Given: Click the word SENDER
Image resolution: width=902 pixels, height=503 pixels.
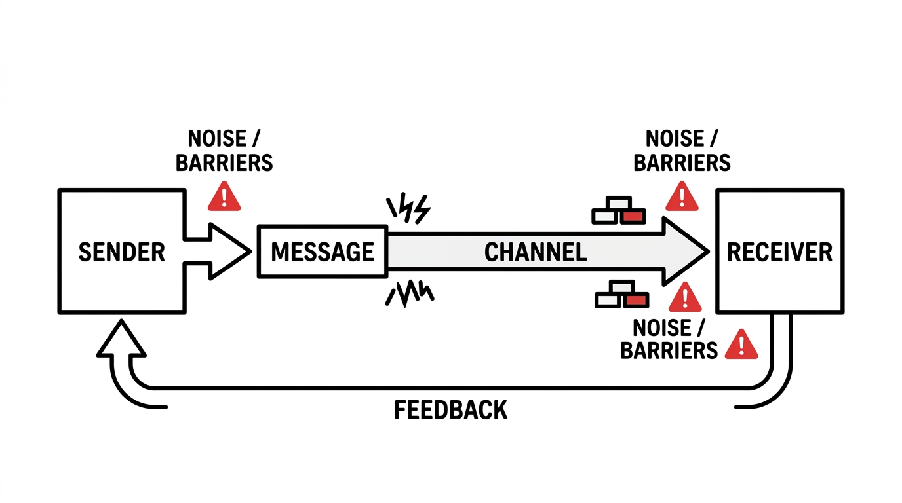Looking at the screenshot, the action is [122, 252].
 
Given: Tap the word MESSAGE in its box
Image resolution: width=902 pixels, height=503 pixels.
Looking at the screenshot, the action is [323, 252].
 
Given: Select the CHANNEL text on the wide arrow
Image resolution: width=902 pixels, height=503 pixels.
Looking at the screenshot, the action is [536, 252].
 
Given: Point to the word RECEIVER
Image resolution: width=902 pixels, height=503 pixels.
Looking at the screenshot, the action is [779, 252].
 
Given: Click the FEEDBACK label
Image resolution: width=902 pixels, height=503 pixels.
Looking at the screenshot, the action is [450, 410].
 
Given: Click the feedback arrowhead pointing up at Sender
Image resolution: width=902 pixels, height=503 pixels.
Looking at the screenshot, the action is [121, 338].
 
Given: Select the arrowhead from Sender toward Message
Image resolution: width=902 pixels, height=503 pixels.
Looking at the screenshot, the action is [229, 251].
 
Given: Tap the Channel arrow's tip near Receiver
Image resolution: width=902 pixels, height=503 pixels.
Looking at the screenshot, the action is [709, 252].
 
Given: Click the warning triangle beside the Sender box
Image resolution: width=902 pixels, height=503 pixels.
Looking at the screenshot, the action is [224, 196].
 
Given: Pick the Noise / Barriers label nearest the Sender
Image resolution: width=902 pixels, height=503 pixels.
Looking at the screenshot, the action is [224, 151].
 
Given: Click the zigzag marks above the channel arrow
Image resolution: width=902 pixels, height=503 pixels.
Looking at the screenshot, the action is [408, 209].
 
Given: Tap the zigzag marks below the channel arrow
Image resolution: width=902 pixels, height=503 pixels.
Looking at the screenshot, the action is [410, 294].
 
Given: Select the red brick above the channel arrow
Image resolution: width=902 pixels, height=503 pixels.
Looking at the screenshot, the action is [633, 217].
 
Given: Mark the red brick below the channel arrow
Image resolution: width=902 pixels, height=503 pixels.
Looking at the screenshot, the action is [636, 301].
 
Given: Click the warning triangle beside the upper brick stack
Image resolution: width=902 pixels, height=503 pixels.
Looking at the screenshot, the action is [682, 196].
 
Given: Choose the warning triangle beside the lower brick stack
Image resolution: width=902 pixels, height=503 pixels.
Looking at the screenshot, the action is [685, 297].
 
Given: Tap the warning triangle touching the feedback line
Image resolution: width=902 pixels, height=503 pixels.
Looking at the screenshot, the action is [741, 345].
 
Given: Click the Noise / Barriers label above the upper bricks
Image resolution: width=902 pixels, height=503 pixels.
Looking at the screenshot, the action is [682, 151].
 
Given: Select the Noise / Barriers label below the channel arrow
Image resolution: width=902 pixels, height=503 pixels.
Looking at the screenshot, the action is [669, 339].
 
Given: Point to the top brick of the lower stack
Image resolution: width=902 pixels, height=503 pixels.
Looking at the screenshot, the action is [623, 287].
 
